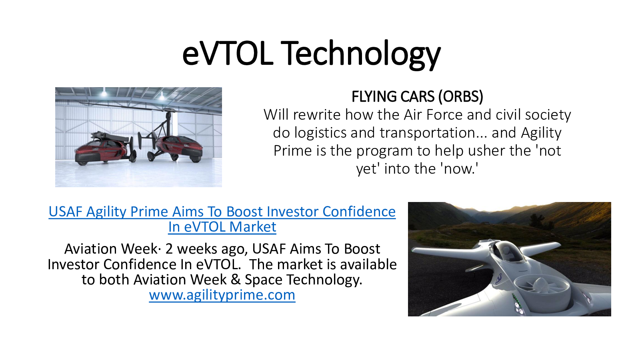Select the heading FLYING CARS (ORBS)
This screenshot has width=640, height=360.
tap(417, 96)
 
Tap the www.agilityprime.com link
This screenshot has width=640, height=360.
tap(222, 295)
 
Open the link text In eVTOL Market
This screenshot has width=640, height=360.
tap(222, 227)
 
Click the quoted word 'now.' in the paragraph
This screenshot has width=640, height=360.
tap(460, 168)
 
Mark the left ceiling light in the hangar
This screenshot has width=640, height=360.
tap(104, 92)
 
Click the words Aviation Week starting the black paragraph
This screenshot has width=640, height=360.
tap(110, 249)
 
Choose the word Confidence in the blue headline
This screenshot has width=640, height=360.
tap(359, 212)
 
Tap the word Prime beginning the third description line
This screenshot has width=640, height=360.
tap(292, 151)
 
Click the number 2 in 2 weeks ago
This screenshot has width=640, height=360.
tap(169, 249)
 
